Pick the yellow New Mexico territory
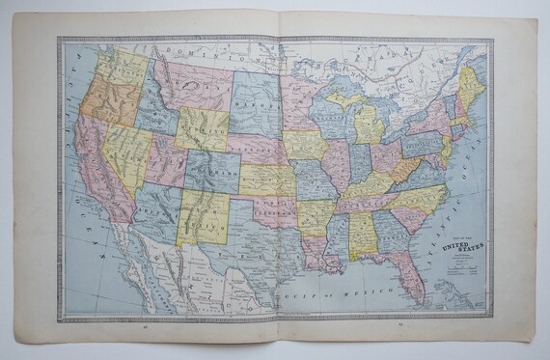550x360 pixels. (x=205, y=216)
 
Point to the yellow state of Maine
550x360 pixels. (x=473, y=83)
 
